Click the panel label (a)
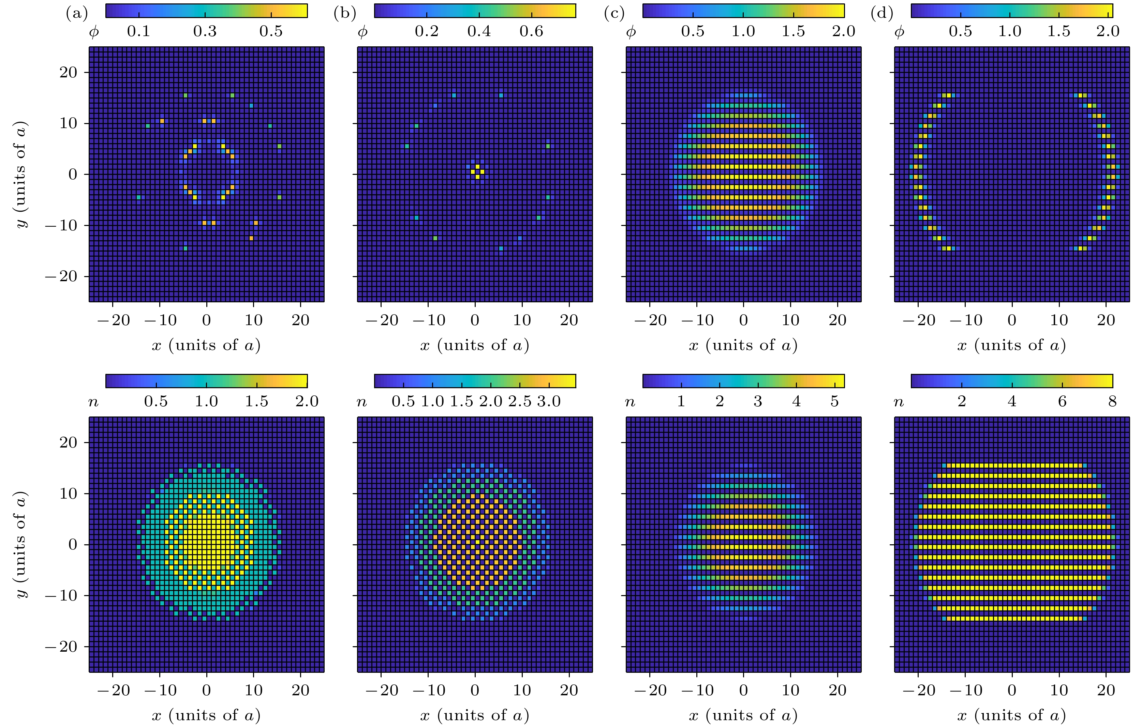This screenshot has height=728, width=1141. click(x=77, y=13)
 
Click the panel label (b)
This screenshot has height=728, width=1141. click(x=344, y=13)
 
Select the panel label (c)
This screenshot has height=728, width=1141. click(x=614, y=13)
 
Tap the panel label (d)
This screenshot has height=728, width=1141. click(x=882, y=13)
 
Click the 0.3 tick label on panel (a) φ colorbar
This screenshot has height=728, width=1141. click(x=205, y=31)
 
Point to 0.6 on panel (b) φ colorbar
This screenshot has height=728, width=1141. click(x=531, y=31)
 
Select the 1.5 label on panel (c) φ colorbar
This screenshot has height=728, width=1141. click(x=793, y=31)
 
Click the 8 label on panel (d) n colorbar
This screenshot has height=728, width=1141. click(x=1112, y=401)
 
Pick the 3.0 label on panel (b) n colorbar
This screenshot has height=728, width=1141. click(x=549, y=401)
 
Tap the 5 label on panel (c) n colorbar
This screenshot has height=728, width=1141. click(x=834, y=401)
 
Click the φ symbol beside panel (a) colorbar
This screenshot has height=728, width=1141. click(x=94, y=32)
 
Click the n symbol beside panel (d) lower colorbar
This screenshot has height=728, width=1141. click(x=899, y=403)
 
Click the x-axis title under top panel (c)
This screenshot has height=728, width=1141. click(x=743, y=345)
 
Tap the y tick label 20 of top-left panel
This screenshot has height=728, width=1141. click(x=68, y=73)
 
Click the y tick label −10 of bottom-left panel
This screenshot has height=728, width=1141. click(x=61, y=596)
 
